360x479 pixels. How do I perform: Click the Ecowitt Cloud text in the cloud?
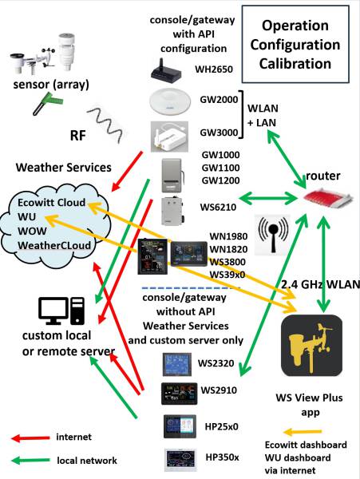pyautogui.click(x=53, y=203)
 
